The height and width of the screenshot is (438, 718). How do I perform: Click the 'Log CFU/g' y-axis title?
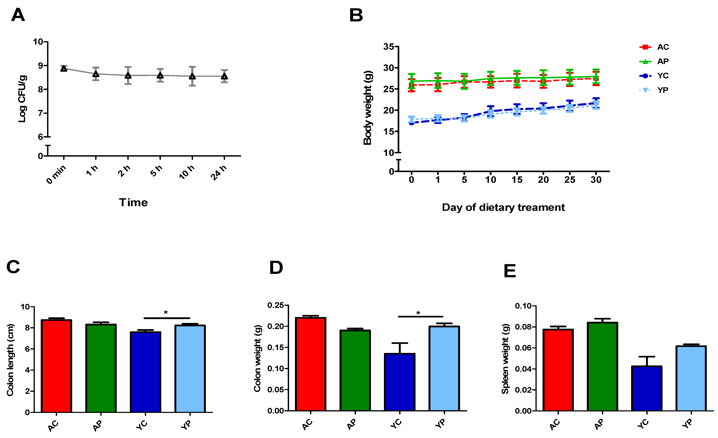22,99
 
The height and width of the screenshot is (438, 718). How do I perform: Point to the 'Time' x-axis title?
133,203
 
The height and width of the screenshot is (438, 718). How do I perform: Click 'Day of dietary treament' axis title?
503,207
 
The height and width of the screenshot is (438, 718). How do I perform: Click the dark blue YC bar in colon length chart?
145,372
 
